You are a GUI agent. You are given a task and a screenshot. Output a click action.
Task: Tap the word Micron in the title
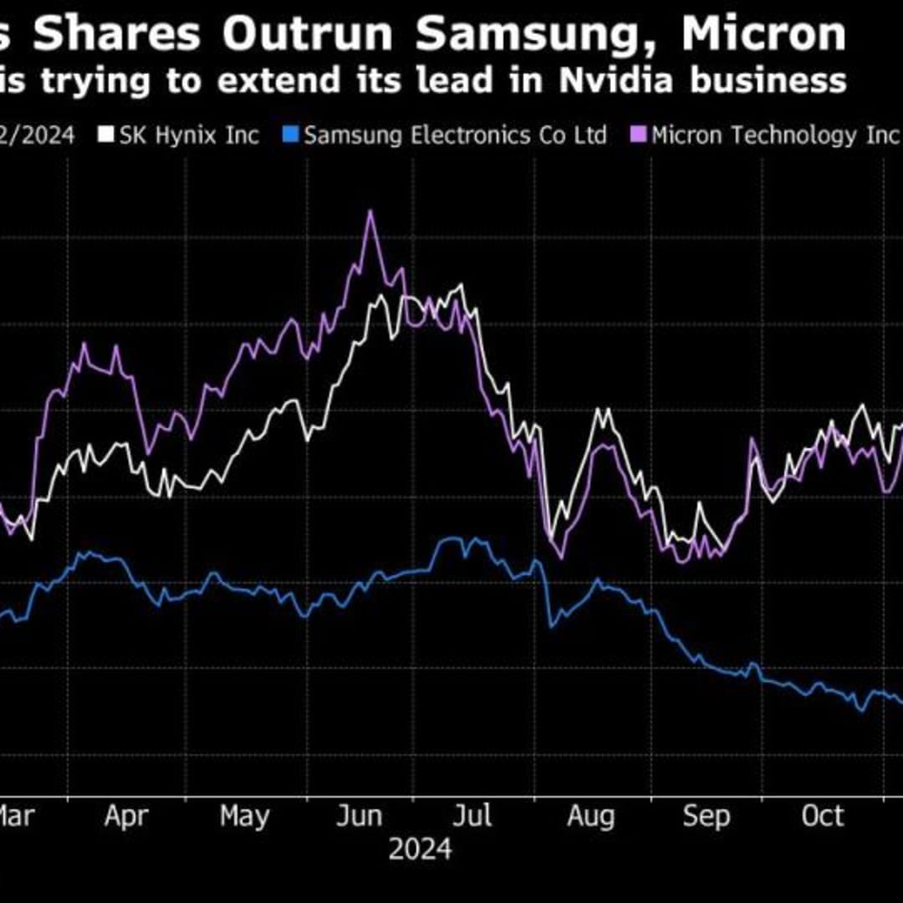(763, 34)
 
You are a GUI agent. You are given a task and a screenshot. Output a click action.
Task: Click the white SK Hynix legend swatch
(106, 135)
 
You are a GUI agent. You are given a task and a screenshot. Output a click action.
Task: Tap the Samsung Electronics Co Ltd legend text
(455, 135)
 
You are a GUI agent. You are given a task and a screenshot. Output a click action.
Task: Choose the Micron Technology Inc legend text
(773, 135)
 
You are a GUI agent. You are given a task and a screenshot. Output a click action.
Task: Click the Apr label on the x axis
(125, 816)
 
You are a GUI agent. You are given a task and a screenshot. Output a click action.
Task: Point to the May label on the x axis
(245, 816)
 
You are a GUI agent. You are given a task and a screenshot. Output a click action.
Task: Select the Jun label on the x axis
(359, 816)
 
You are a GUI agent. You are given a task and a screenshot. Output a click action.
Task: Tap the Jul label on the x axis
(476, 816)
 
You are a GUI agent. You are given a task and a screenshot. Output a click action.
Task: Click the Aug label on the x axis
(590, 816)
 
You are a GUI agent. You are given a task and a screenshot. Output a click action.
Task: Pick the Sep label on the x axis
(707, 816)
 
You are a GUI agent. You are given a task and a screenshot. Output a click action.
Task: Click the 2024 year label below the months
(420, 849)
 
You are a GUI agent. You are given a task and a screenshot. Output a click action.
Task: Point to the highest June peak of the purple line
(370, 211)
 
